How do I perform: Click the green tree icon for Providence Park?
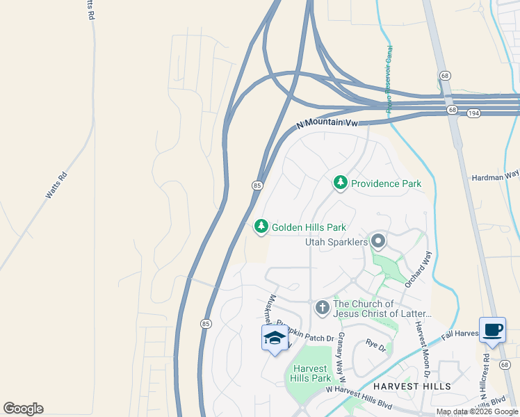(340, 183)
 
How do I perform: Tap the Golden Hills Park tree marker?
(261, 227)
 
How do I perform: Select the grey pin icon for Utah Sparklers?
(378, 241)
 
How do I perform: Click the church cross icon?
(322, 307)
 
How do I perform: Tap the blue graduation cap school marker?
(275, 338)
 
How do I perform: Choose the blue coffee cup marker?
(492, 330)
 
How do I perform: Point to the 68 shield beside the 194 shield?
(453, 111)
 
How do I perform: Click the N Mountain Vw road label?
(327, 122)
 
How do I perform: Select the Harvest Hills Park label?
(311, 373)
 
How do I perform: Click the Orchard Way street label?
(416, 265)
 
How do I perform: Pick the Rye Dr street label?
(375, 344)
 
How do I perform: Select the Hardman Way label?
(496, 178)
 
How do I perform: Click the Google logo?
(23, 409)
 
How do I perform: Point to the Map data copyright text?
(477, 412)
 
